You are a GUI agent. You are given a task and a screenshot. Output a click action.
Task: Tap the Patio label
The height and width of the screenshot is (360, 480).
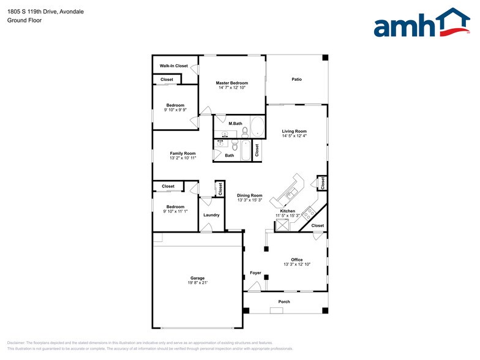click(x=296, y=79)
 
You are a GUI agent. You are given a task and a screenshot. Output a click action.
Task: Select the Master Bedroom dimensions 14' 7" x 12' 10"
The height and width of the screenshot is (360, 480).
click(x=231, y=88)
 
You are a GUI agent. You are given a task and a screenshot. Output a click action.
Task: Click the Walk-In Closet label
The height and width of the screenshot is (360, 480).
click(x=174, y=66)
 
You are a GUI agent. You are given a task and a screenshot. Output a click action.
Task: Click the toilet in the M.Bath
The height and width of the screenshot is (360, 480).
click(x=244, y=130)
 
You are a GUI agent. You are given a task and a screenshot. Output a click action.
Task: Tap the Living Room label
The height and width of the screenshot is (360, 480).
click(x=294, y=131)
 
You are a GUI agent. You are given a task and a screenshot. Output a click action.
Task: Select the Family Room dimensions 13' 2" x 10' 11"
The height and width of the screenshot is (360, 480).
click(x=182, y=158)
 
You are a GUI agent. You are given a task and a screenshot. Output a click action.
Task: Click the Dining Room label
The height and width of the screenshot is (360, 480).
click(x=250, y=195)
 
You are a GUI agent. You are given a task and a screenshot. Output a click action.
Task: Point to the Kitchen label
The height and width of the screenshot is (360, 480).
click(x=288, y=211)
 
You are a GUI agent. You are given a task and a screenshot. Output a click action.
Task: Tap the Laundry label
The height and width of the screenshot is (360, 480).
click(x=211, y=215)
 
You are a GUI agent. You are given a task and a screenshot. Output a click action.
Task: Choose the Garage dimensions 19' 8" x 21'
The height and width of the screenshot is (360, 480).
click(x=197, y=283)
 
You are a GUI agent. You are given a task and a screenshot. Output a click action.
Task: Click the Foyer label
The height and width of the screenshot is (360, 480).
click(x=255, y=273)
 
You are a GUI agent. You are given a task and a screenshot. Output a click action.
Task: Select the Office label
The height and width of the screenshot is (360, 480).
click(x=297, y=260)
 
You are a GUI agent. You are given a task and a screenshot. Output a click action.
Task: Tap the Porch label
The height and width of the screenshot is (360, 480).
click(x=284, y=302)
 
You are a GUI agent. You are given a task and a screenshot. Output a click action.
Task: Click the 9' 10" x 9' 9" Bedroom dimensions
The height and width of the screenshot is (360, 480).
click(x=175, y=110)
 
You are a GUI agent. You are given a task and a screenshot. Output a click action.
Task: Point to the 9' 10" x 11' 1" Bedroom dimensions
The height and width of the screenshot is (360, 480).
click(x=175, y=211)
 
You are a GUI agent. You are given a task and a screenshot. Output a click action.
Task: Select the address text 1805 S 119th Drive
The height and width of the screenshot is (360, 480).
click(x=31, y=11)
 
